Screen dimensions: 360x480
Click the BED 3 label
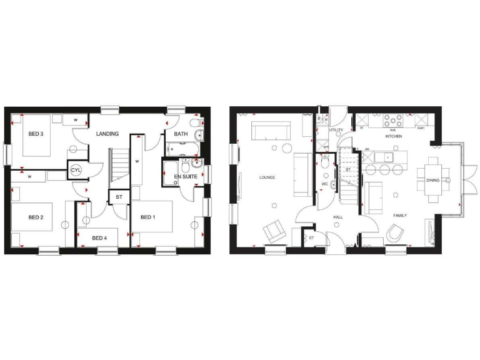point(35,133)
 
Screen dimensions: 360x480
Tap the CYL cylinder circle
point(76,170)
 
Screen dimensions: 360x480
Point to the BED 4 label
point(99,237)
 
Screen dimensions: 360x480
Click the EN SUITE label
point(186,177)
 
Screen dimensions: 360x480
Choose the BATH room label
point(181,134)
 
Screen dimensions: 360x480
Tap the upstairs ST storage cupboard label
point(118,197)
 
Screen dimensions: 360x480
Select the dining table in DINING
point(434,180)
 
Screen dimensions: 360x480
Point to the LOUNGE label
point(267,177)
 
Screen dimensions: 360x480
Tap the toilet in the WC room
point(325,162)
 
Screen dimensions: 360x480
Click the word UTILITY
point(337,130)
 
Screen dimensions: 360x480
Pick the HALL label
point(337,217)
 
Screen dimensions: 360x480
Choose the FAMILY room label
point(400,216)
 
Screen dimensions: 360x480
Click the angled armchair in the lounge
point(274,232)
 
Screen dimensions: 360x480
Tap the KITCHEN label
point(393,136)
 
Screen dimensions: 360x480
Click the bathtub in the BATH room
point(182,149)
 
